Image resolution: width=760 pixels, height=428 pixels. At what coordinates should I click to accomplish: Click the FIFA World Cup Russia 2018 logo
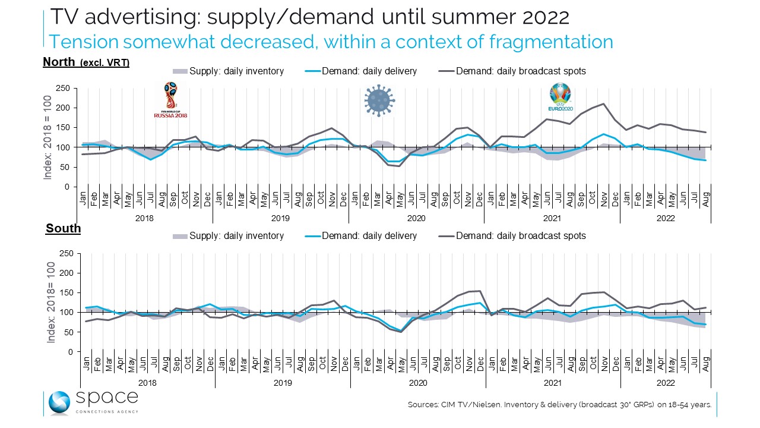pos(170,100)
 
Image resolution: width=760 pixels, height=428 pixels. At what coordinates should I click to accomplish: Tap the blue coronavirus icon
pos(379,99)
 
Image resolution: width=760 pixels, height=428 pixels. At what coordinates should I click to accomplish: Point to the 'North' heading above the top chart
pos(59,62)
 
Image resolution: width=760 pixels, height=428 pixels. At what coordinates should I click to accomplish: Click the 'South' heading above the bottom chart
pos(63,228)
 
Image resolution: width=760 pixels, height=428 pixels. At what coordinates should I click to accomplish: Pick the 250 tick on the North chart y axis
pos(62,89)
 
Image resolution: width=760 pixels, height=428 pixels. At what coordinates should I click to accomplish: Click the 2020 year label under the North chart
pos(416,218)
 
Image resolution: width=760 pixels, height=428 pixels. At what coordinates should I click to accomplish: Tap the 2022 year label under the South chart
pos(666,383)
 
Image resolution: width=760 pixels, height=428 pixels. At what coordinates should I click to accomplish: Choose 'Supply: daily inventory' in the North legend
pos(236,71)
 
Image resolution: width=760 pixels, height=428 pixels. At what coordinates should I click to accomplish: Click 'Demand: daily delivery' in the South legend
pos(369,236)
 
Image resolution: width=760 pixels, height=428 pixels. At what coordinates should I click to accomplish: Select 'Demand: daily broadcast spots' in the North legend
pos(521,71)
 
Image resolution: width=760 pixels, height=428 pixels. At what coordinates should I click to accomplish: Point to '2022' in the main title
pos(546,17)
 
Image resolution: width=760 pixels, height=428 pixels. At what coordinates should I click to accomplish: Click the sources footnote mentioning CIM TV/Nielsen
pos(559,405)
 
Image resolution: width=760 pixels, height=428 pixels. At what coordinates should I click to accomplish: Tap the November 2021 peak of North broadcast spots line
pos(604,104)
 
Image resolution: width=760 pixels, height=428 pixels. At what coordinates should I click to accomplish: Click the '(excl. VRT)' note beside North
pos(104,63)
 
